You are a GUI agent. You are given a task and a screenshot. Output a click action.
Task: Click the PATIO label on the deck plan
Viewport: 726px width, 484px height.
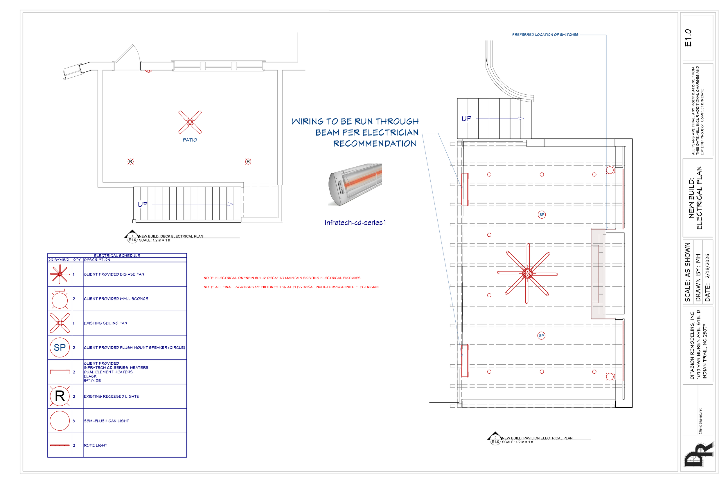coord(190,140)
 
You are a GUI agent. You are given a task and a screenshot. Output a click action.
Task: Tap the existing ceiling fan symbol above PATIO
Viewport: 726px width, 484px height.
coord(190,122)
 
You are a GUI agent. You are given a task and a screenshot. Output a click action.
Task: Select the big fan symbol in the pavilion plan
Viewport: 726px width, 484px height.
coord(527,273)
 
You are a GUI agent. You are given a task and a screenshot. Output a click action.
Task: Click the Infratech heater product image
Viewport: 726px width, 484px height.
coord(355,184)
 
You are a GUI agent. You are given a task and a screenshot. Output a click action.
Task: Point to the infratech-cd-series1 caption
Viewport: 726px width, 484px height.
coord(355,223)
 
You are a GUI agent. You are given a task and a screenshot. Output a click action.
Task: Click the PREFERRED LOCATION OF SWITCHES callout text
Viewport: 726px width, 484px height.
coord(545,35)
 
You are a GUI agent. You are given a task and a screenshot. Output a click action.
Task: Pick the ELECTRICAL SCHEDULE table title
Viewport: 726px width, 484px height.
coord(117,256)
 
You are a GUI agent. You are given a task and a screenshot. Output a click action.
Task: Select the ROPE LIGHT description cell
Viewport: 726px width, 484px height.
coord(96,445)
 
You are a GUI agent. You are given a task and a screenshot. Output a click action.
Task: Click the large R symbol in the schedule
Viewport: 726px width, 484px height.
coord(60,396)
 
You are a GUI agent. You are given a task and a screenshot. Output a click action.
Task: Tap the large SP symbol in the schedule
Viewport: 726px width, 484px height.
coord(60,348)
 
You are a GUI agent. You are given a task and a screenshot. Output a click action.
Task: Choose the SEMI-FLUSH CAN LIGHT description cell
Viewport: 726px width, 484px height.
coord(107,421)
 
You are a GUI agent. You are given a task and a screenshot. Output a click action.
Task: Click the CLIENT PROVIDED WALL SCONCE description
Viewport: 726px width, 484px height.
coord(116,299)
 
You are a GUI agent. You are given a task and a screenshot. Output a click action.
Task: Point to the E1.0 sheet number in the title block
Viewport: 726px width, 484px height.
coord(688,38)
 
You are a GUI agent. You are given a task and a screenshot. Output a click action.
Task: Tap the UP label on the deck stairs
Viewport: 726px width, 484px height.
coord(143,204)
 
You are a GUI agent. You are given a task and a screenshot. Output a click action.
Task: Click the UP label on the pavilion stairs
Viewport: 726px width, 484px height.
coord(466,118)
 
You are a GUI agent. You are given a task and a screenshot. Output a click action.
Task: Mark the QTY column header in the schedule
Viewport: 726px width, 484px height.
coord(77,260)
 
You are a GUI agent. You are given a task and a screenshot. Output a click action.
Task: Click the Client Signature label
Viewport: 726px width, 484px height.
coord(700,421)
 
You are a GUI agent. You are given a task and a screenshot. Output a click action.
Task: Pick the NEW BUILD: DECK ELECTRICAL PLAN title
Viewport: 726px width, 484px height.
coord(171,236)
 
